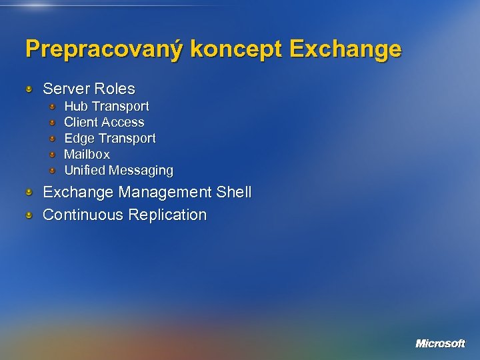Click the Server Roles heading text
click(89, 89)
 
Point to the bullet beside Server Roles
click(29, 89)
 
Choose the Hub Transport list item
click(106, 106)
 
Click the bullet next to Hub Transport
click(53, 107)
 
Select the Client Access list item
click(103, 122)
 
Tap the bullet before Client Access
click(53, 123)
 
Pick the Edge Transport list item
click(109, 138)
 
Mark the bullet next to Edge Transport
click(53, 139)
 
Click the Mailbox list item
click(87, 154)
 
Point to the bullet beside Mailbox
click(53, 155)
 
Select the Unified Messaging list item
click(118, 170)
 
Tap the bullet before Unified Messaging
click(53, 171)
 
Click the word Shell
click(234, 193)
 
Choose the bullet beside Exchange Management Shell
click(29, 193)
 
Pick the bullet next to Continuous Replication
click(29, 215)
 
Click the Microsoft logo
click(440, 343)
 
